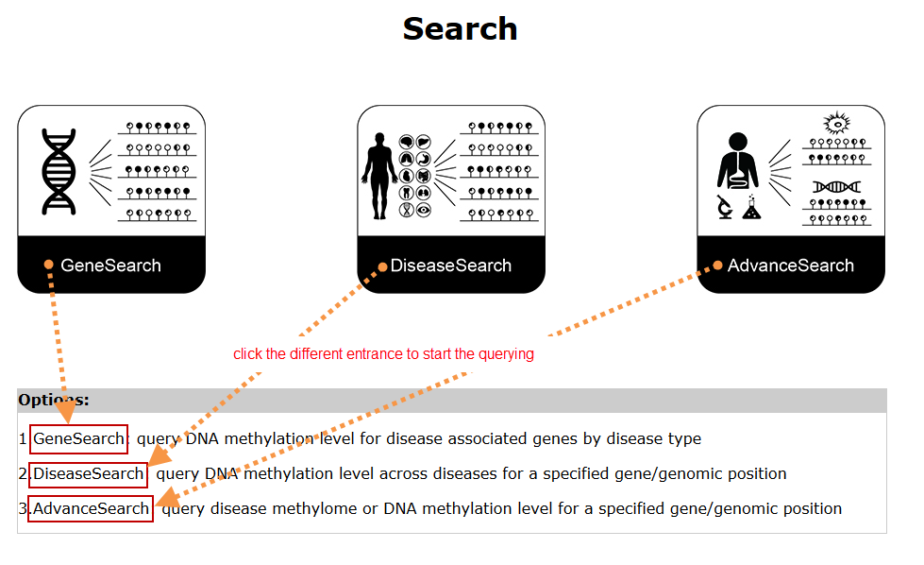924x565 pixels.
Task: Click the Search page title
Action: coord(460,28)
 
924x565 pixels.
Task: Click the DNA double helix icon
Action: coord(59,171)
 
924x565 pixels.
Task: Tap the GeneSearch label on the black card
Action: coord(110,265)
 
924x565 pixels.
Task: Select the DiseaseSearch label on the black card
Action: coord(451,265)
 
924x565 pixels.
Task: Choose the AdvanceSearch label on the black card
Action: coord(791,265)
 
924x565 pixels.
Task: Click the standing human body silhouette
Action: coord(379,176)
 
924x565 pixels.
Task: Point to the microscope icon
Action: coord(726,206)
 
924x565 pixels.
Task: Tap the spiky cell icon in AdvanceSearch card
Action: coord(837,123)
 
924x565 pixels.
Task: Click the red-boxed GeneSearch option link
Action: coord(78,438)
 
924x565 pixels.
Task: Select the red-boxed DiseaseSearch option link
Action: coord(88,473)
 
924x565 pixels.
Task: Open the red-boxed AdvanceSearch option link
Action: coord(91,508)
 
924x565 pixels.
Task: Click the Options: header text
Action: coord(54,400)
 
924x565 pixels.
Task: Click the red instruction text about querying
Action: coord(383,354)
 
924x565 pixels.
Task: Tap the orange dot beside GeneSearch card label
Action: coord(48,265)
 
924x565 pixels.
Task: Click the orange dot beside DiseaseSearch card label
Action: coord(382,266)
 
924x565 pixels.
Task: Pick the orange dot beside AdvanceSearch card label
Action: coord(717,265)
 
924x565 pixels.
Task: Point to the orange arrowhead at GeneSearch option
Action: coord(66,411)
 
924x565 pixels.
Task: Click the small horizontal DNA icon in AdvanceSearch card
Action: coord(836,186)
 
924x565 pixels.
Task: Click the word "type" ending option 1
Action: coord(683,438)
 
